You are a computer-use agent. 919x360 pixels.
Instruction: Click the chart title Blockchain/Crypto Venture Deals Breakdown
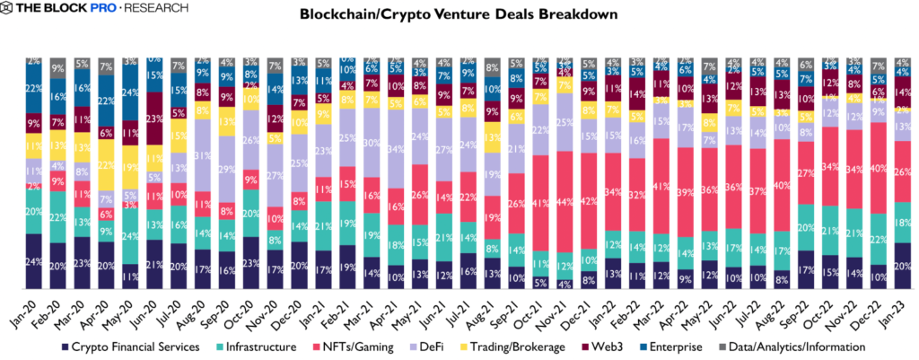click(x=459, y=15)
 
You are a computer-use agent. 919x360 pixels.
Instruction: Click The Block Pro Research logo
click(x=95, y=9)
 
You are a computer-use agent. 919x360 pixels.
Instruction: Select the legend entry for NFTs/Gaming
click(x=355, y=346)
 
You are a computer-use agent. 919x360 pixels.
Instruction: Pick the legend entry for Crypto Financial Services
click(x=135, y=346)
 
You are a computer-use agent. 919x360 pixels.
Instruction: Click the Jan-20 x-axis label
click(x=32, y=305)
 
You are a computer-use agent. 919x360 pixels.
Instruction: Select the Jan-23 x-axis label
click(x=897, y=305)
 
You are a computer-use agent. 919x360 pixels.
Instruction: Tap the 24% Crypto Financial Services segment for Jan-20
click(x=34, y=261)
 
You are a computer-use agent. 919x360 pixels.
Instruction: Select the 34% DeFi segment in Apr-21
click(x=396, y=148)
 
